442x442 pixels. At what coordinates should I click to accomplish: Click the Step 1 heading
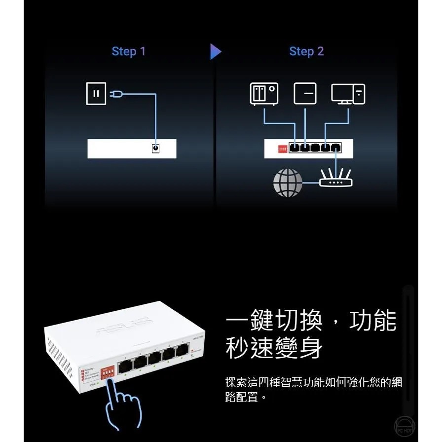tap(129, 51)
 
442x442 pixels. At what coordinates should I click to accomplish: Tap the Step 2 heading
tap(306, 51)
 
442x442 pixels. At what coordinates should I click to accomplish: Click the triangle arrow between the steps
tap(215, 51)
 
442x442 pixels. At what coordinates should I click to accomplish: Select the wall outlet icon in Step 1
tap(96, 94)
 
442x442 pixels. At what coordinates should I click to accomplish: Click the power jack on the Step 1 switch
tap(156, 148)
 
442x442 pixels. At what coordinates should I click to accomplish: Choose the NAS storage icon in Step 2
tap(264, 94)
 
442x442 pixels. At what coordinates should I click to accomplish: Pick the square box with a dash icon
tap(305, 94)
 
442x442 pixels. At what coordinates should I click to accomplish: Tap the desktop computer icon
tap(348, 94)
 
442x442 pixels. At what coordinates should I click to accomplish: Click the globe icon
tap(288, 183)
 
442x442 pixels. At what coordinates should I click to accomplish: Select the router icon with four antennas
tap(335, 178)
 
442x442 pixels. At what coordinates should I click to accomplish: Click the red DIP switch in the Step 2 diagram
tap(283, 148)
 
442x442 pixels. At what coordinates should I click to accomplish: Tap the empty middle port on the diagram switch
tap(315, 147)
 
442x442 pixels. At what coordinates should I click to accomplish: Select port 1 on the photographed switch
tap(126, 365)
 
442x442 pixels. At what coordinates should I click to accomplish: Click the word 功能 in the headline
tap(372, 321)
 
